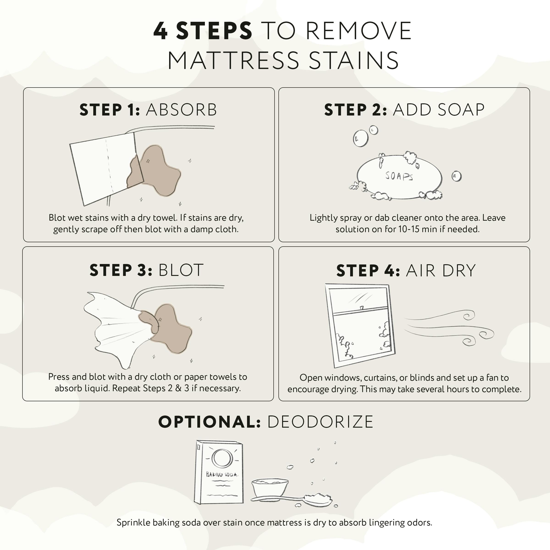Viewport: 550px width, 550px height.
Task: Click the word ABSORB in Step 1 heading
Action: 181,110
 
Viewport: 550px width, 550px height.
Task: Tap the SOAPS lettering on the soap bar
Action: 399,176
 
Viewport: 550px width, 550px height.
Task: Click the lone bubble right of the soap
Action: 456,176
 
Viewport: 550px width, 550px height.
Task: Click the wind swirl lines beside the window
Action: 450,327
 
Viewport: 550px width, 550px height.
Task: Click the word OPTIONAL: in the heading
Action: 209,422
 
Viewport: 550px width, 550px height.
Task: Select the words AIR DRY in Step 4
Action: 441,270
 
